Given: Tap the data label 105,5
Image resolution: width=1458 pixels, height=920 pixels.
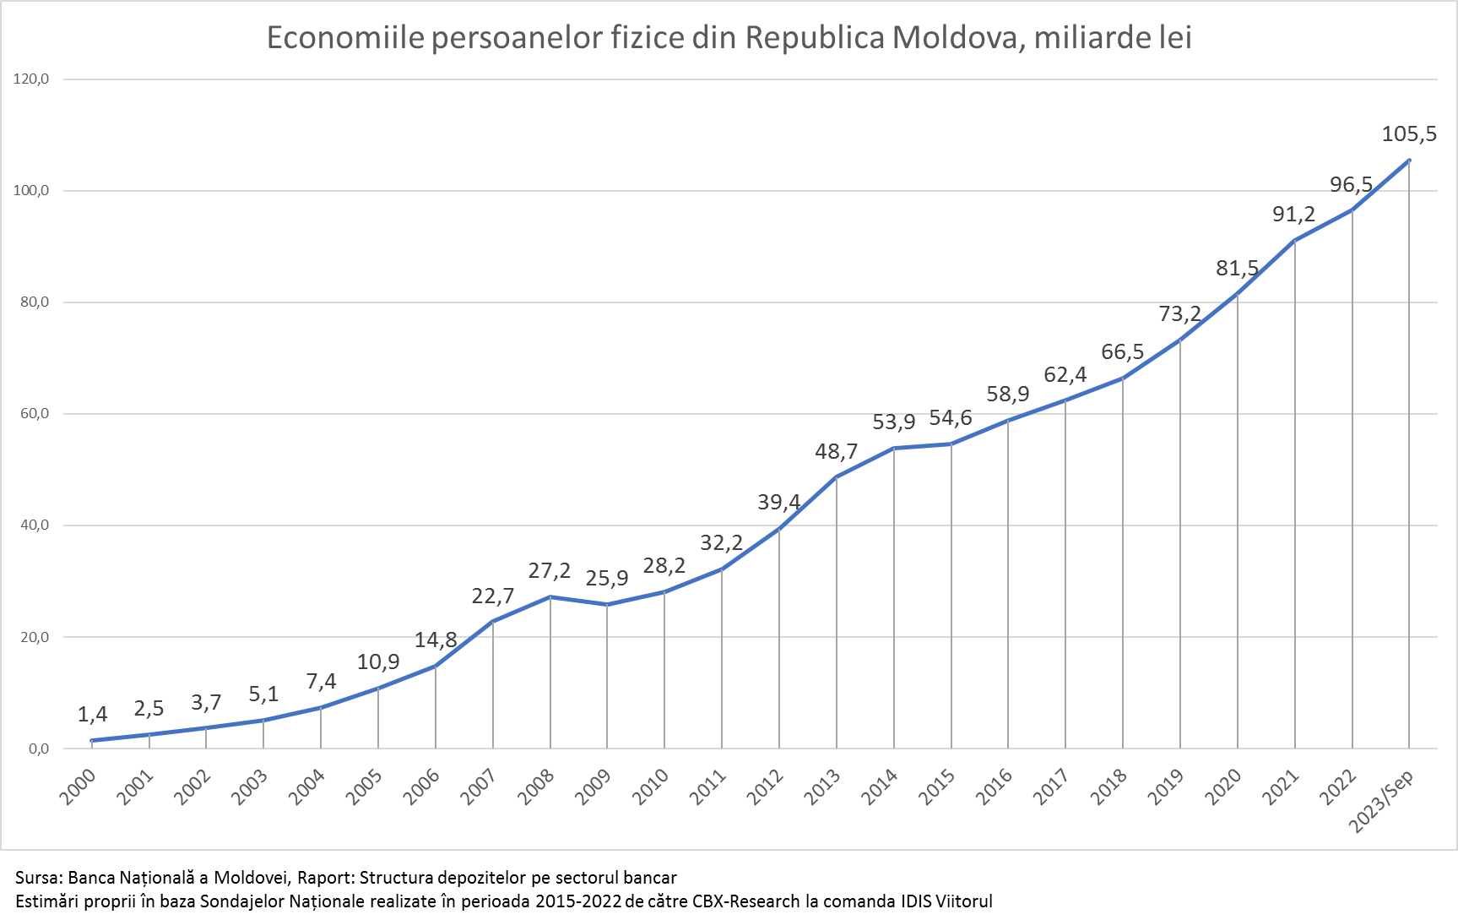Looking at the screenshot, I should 1408,133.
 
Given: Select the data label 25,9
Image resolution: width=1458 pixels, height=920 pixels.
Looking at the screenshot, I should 607,579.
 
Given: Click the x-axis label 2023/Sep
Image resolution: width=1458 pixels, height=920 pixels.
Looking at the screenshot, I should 1380,802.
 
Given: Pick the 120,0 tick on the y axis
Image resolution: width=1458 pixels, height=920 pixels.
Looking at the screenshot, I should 32,79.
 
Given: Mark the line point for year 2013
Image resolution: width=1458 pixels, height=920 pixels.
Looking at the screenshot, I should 837,477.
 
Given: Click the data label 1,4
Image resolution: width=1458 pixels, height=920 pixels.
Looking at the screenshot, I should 93,715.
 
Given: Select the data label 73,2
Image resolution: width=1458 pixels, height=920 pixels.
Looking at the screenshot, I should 1179,314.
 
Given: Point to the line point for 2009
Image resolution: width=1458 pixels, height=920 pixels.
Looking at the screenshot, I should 607,605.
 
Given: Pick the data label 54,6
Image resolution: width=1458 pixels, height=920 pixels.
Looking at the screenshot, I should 951,417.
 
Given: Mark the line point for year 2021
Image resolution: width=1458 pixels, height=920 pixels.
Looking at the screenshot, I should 1295,241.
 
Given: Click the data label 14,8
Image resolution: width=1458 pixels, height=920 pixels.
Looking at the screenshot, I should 436,640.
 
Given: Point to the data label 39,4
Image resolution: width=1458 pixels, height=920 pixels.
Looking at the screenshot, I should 778,502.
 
